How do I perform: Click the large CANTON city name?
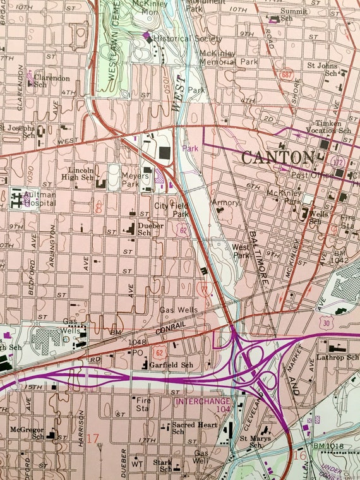click(x=277, y=157)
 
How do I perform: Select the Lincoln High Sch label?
click(x=80, y=174)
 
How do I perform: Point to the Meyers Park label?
click(x=130, y=179)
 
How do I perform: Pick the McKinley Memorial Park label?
click(x=229, y=57)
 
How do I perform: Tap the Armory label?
click(x=225, y=203)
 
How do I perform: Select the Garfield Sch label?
click(x=172, y=365)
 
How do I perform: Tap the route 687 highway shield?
click(x=288, y=74)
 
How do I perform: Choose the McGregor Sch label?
click(x=26, y=433)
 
